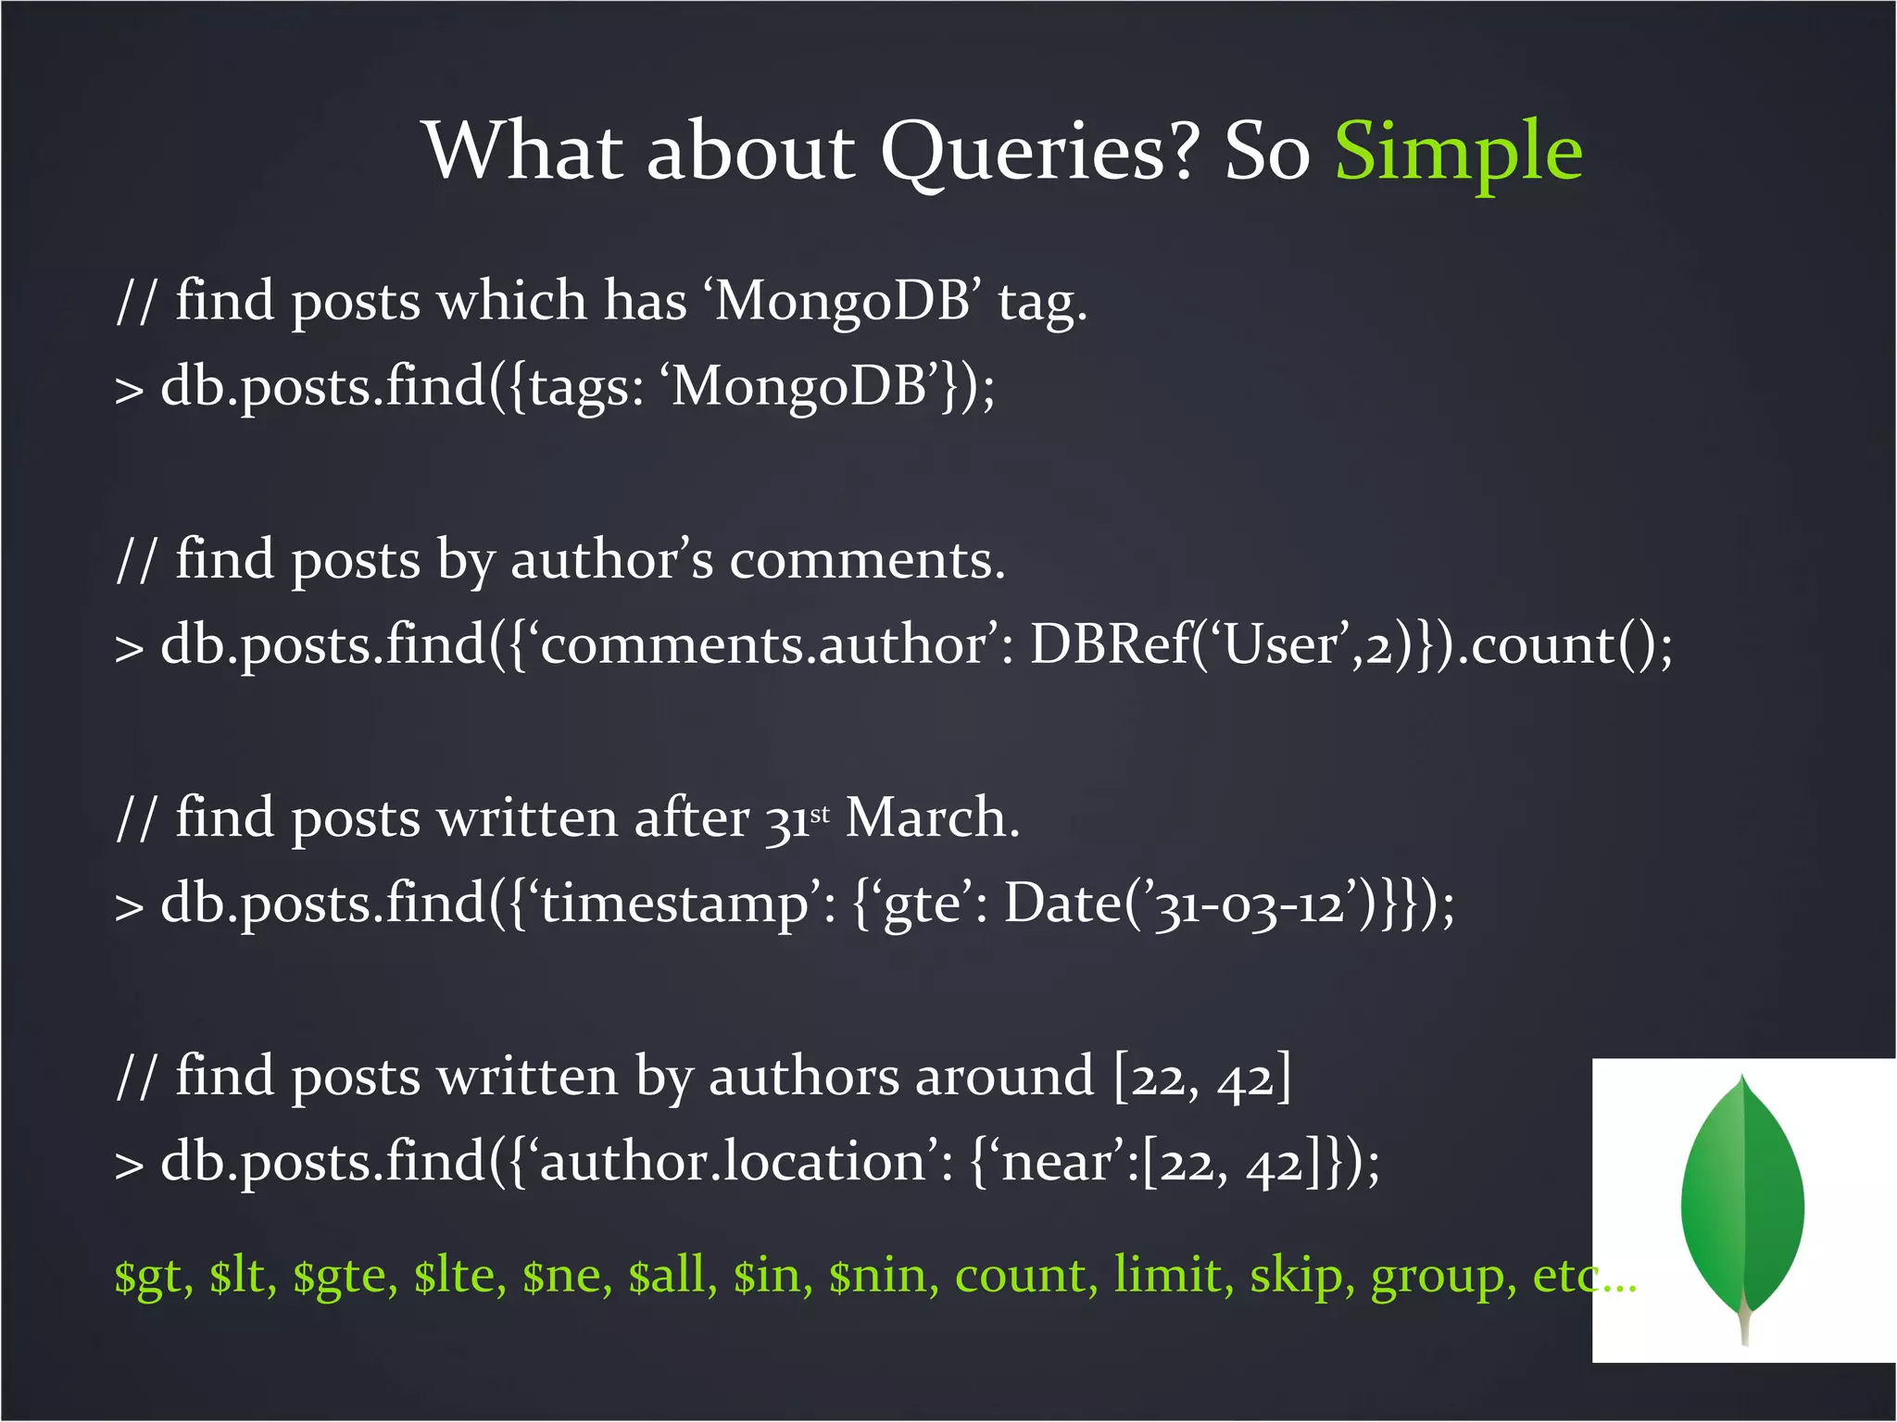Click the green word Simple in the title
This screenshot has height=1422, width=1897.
tap(1458, 152)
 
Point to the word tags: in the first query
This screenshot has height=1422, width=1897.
tap(586, 387)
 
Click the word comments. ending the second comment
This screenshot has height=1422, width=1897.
tap(867, 561)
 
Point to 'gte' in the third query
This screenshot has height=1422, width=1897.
tap(921, 903)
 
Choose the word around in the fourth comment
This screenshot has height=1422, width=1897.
tap(1004, 1078)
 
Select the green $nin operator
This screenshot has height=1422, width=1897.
tap(877, 1276)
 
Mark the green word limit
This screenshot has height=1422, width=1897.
tap(1173, 1276)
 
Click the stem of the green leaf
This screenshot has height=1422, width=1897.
tap(1744, 1319)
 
